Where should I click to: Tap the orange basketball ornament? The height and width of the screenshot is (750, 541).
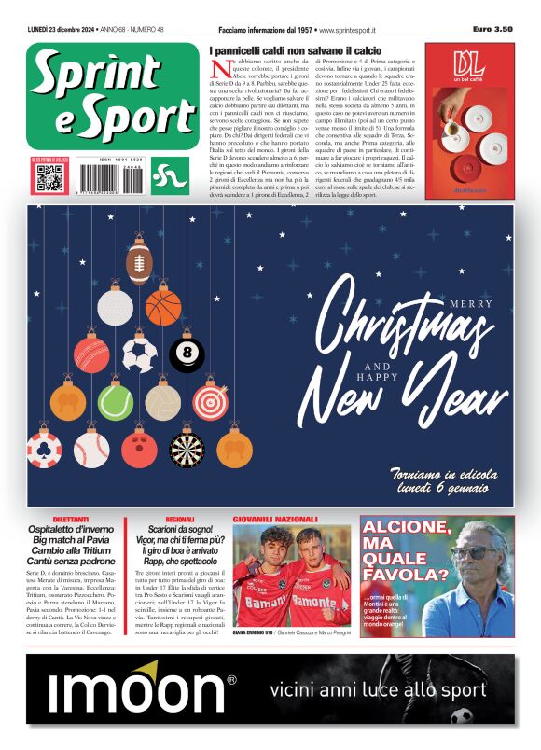tap(163, 308)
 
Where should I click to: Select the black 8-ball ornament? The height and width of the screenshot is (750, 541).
tap(187, 354)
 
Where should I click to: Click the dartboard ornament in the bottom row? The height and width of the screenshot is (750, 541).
tap(187, 450)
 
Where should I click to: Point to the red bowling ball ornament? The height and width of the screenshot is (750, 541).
tap(139, 450)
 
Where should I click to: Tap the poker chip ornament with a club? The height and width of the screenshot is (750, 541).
tap(44, 450)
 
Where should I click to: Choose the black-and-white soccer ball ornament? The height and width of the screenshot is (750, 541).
tap(139, 354)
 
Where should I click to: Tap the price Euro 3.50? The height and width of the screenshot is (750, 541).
tap(492, 29)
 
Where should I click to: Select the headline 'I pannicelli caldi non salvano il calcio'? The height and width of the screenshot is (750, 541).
tap(295, 49)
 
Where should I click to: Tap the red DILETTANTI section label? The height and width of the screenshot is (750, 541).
tap(71, 519)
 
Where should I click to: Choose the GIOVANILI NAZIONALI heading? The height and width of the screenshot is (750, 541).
tap(274, 519)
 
